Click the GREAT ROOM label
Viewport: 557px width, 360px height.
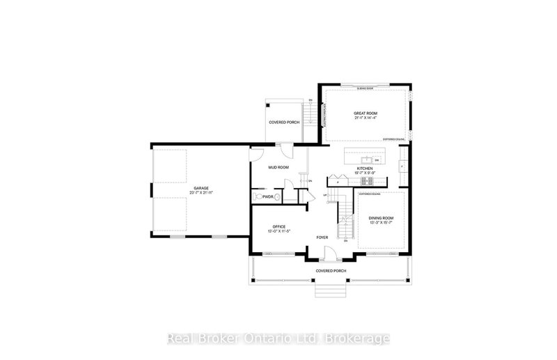366,114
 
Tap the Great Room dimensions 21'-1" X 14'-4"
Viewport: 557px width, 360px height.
366,118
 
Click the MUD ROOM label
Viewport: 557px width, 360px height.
278,168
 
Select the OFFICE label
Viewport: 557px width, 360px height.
279,226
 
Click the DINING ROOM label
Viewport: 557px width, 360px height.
381,219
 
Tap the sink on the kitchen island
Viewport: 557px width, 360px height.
363,159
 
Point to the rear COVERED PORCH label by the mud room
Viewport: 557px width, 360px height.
283,123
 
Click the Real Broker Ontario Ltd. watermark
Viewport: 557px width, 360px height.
278,339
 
